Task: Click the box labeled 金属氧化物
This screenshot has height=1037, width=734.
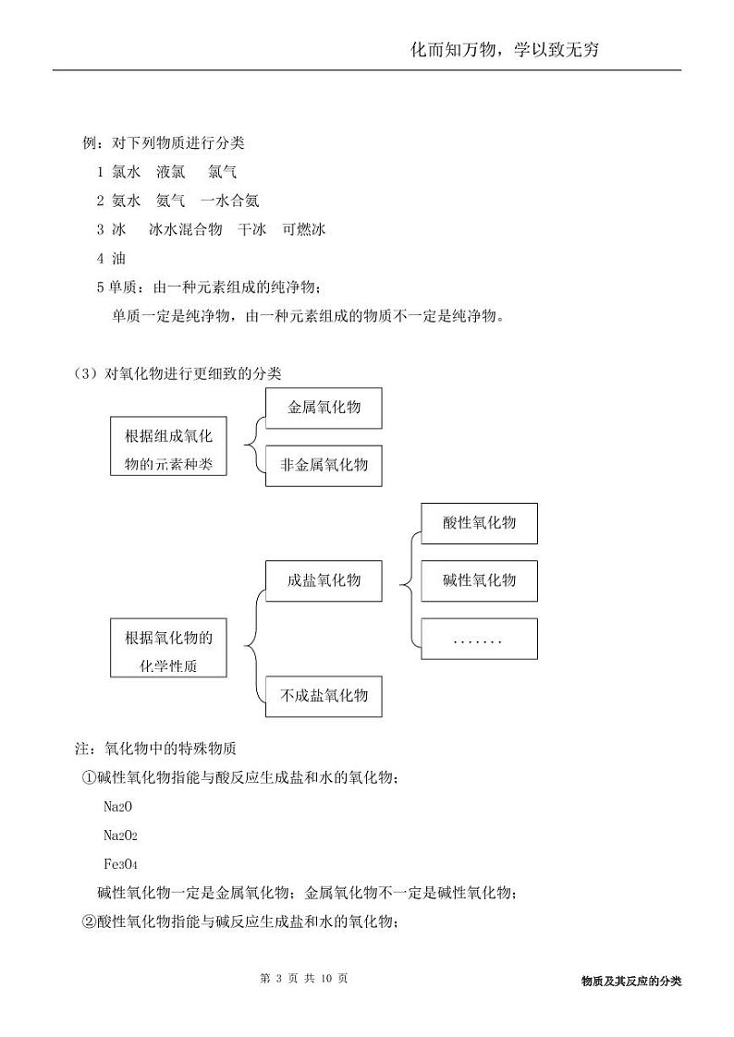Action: (324, 408)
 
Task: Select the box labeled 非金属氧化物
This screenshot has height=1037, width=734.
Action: (324, 464)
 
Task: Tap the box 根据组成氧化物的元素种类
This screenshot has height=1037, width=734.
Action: (168, 450)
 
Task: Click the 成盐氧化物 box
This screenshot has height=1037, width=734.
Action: (324, 580)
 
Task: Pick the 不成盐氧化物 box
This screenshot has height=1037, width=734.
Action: (324, 695)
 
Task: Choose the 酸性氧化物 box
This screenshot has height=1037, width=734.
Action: (479, 523)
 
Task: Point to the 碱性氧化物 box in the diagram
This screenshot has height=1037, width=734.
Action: (479, 580)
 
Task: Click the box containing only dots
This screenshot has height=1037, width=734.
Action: (479, 639)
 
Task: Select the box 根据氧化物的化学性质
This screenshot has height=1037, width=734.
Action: (168, 651)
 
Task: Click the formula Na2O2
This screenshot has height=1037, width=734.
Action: (120, 836)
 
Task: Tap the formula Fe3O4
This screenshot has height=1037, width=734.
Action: (120, 864)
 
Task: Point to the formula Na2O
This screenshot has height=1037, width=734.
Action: (117, 807)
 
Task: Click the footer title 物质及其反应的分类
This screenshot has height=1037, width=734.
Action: (631, 982)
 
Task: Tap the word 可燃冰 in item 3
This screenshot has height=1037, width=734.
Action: (304, 229)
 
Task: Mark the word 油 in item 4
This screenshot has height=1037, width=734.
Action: (118, 259)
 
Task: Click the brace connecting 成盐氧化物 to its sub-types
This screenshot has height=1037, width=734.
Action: (405, 582)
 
